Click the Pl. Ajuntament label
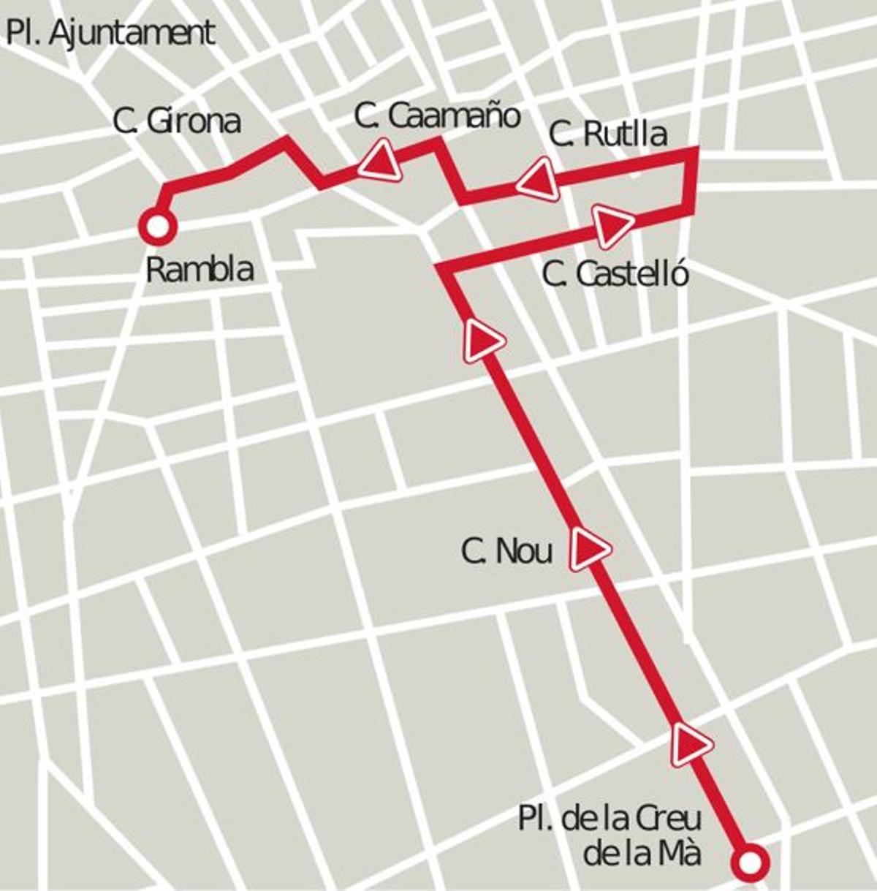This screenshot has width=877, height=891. tap(110, 34)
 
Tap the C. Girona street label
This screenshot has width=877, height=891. tap(177, 121)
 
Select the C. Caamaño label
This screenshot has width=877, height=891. tap(436, 115)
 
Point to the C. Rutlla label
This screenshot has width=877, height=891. tap(607, 134)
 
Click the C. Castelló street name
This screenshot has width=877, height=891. tap(615, 275)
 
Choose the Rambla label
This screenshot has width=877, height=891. tap(200, 270)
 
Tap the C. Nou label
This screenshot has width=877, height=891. tap(506, 550)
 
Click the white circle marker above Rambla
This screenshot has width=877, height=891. tap(157, 227)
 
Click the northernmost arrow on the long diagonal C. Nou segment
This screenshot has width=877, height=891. tap(482, 340)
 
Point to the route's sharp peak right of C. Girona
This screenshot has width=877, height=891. tap(284, 139)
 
